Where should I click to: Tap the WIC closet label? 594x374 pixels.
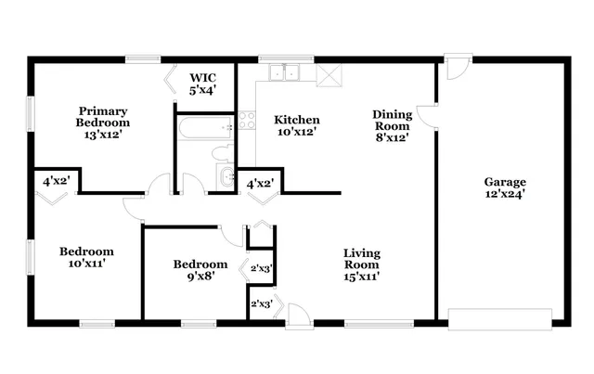(x=203, y=78)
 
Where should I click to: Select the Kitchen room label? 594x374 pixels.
(x=297, y=120)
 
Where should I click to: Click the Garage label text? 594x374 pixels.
(x=505, y=182)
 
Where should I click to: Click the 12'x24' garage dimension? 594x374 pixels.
(x=505, y=196)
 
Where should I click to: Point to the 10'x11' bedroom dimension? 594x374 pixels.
(x=86, y=263)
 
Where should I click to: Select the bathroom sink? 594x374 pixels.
(x=226, y=176)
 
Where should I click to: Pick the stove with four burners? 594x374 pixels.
(x=247, y=119)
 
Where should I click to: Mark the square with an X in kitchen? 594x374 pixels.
(x=329, y=75)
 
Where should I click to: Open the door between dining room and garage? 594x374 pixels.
(x=427, y=114)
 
